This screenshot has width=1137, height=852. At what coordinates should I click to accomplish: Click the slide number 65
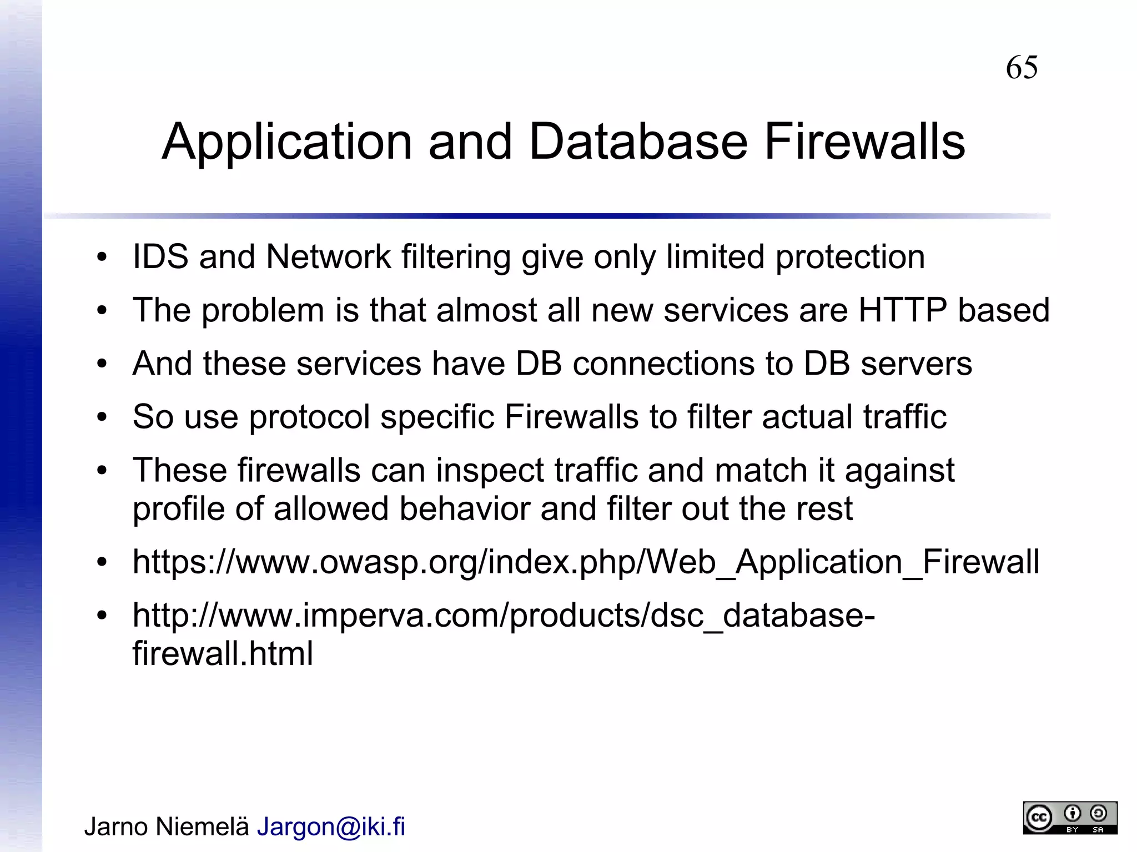point(1022,68)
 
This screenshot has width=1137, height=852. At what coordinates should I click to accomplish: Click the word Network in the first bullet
point(328,257)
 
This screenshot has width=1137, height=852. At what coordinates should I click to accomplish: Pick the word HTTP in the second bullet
point(902,310)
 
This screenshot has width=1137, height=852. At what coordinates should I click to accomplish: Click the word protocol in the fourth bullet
point(309,417)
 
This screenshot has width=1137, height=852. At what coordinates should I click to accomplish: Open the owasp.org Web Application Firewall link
point(586,562)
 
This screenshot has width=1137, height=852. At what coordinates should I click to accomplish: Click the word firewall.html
point(223,653)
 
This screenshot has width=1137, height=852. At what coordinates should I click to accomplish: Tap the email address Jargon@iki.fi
point(331,826)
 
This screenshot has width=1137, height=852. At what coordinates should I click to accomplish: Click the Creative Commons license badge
point(1070,818)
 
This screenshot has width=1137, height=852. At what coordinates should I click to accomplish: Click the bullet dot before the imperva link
point(101,616)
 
